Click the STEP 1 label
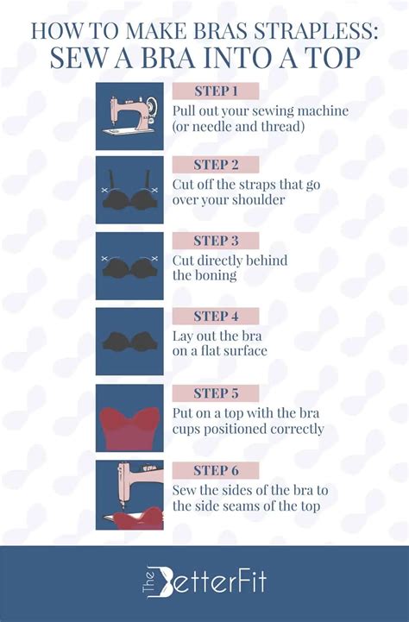pos(216,91)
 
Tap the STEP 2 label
pos(216,165)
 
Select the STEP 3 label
pos(216,241)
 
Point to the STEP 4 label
pos(216,317)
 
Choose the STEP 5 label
pos(216,393)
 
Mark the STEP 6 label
pos(216,469)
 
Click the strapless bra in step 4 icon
pos(129,342)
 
